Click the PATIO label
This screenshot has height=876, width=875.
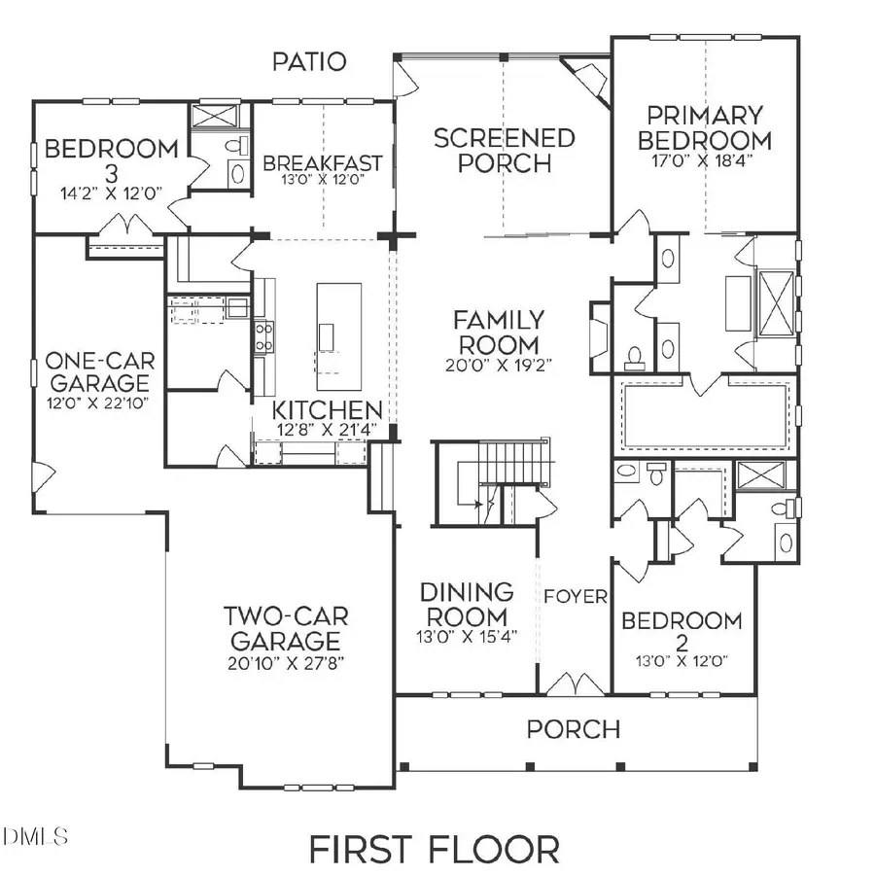309,62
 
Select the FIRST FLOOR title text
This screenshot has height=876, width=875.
435,849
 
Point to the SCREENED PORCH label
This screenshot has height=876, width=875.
504,151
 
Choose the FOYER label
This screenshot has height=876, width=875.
576,596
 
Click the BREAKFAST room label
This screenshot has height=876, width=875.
323,162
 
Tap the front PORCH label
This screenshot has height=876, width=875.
573,729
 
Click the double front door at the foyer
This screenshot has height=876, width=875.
574,684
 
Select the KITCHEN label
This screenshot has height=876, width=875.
326,410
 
